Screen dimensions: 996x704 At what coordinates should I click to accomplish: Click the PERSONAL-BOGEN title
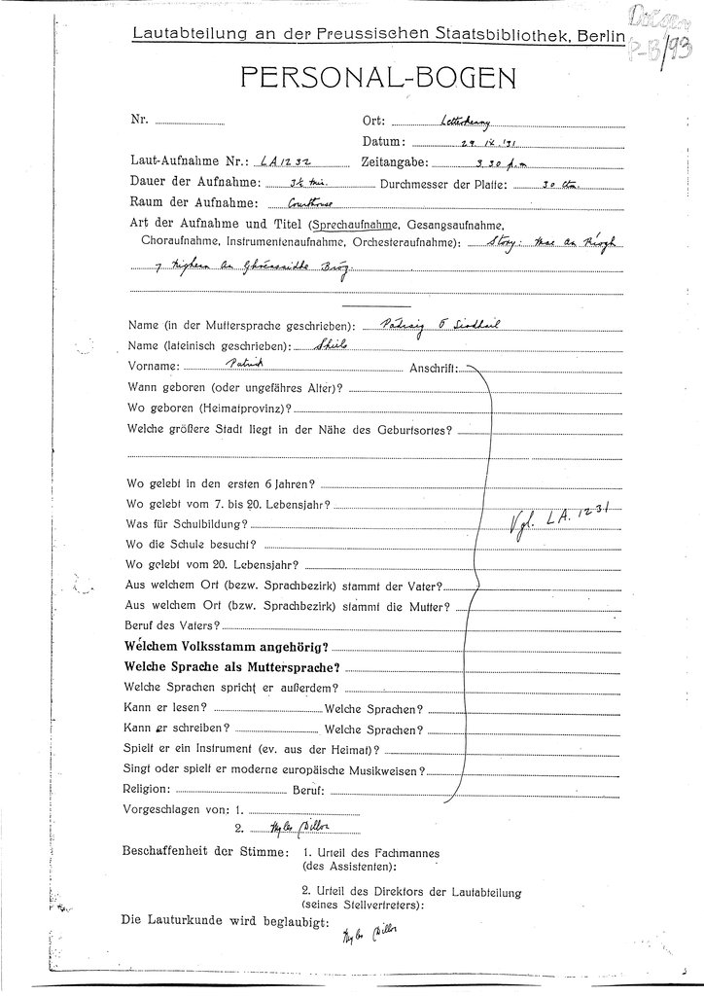click(351, 77)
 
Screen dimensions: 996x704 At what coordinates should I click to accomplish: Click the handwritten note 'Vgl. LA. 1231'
click(561, 523)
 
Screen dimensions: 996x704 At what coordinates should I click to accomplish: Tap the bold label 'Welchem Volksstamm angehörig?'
click(226, 647)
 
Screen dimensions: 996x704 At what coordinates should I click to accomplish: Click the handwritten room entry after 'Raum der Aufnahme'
click(283, 204)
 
